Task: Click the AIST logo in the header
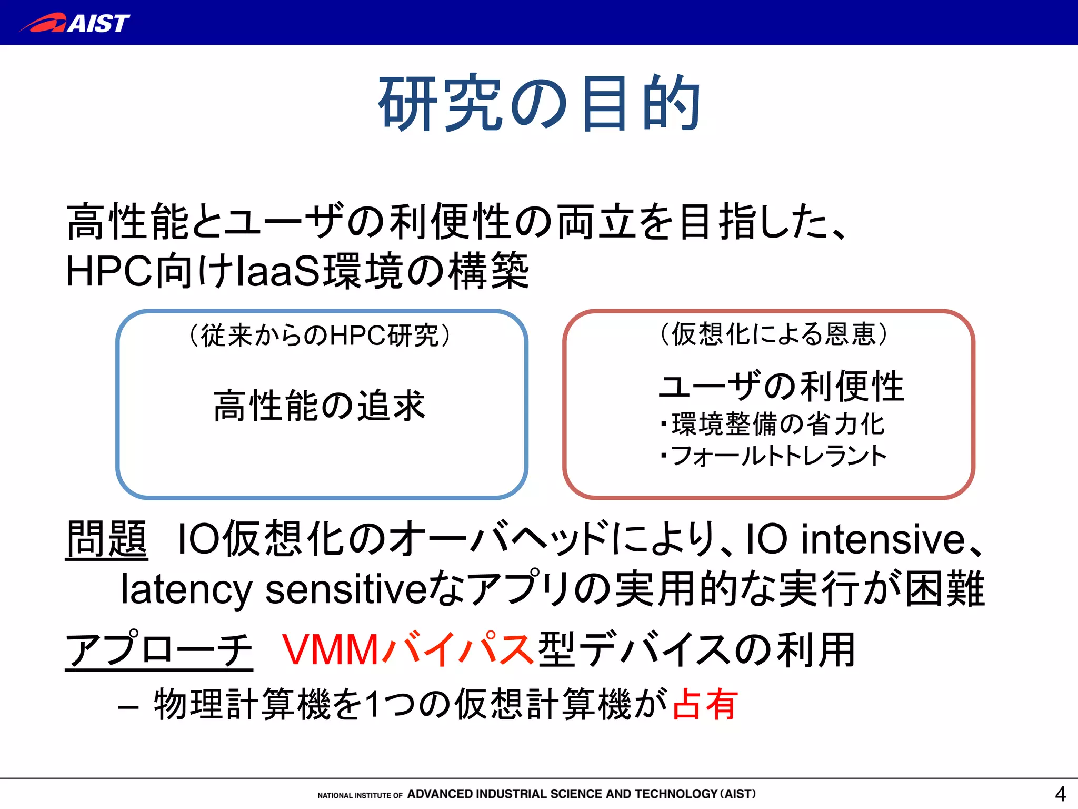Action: point(75,23)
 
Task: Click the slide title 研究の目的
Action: point(539,103)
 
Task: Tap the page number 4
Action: point(1060,793)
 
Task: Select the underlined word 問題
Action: point(106,538)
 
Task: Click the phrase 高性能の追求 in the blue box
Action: point(320,406)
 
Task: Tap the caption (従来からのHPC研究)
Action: point(320,335)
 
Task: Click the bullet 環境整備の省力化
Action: point(778,424)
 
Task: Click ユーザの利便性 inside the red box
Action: point(781,386)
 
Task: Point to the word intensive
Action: point(883,539)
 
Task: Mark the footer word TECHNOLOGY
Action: point(676,794)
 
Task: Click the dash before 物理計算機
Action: point(128,707)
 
